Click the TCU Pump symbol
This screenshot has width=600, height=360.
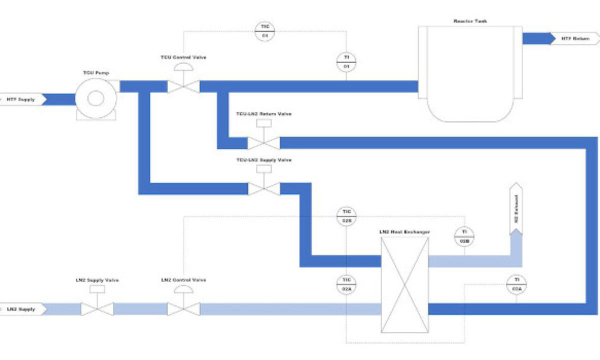pos(95,97)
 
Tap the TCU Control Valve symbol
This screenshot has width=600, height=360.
pos(183,86)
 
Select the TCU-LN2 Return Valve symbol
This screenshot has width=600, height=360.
pos(264,143)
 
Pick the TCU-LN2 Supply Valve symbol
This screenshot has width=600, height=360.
pos(264,188)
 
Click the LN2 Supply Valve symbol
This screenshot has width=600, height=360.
pos(97,308)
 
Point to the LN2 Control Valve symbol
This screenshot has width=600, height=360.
pos(183,308)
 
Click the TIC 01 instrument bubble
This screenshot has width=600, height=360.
pos(265,31)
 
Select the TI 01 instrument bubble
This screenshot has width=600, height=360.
pos(345,61)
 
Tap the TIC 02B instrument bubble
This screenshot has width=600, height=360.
pos(346,216)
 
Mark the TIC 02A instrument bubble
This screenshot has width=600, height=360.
pos(346,283)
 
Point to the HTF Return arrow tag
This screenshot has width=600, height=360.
pos(572,38)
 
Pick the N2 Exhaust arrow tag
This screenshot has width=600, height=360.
pos(516,209)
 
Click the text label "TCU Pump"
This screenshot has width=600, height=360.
pos(95,73)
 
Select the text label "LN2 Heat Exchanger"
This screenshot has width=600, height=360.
pos(404,232)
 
